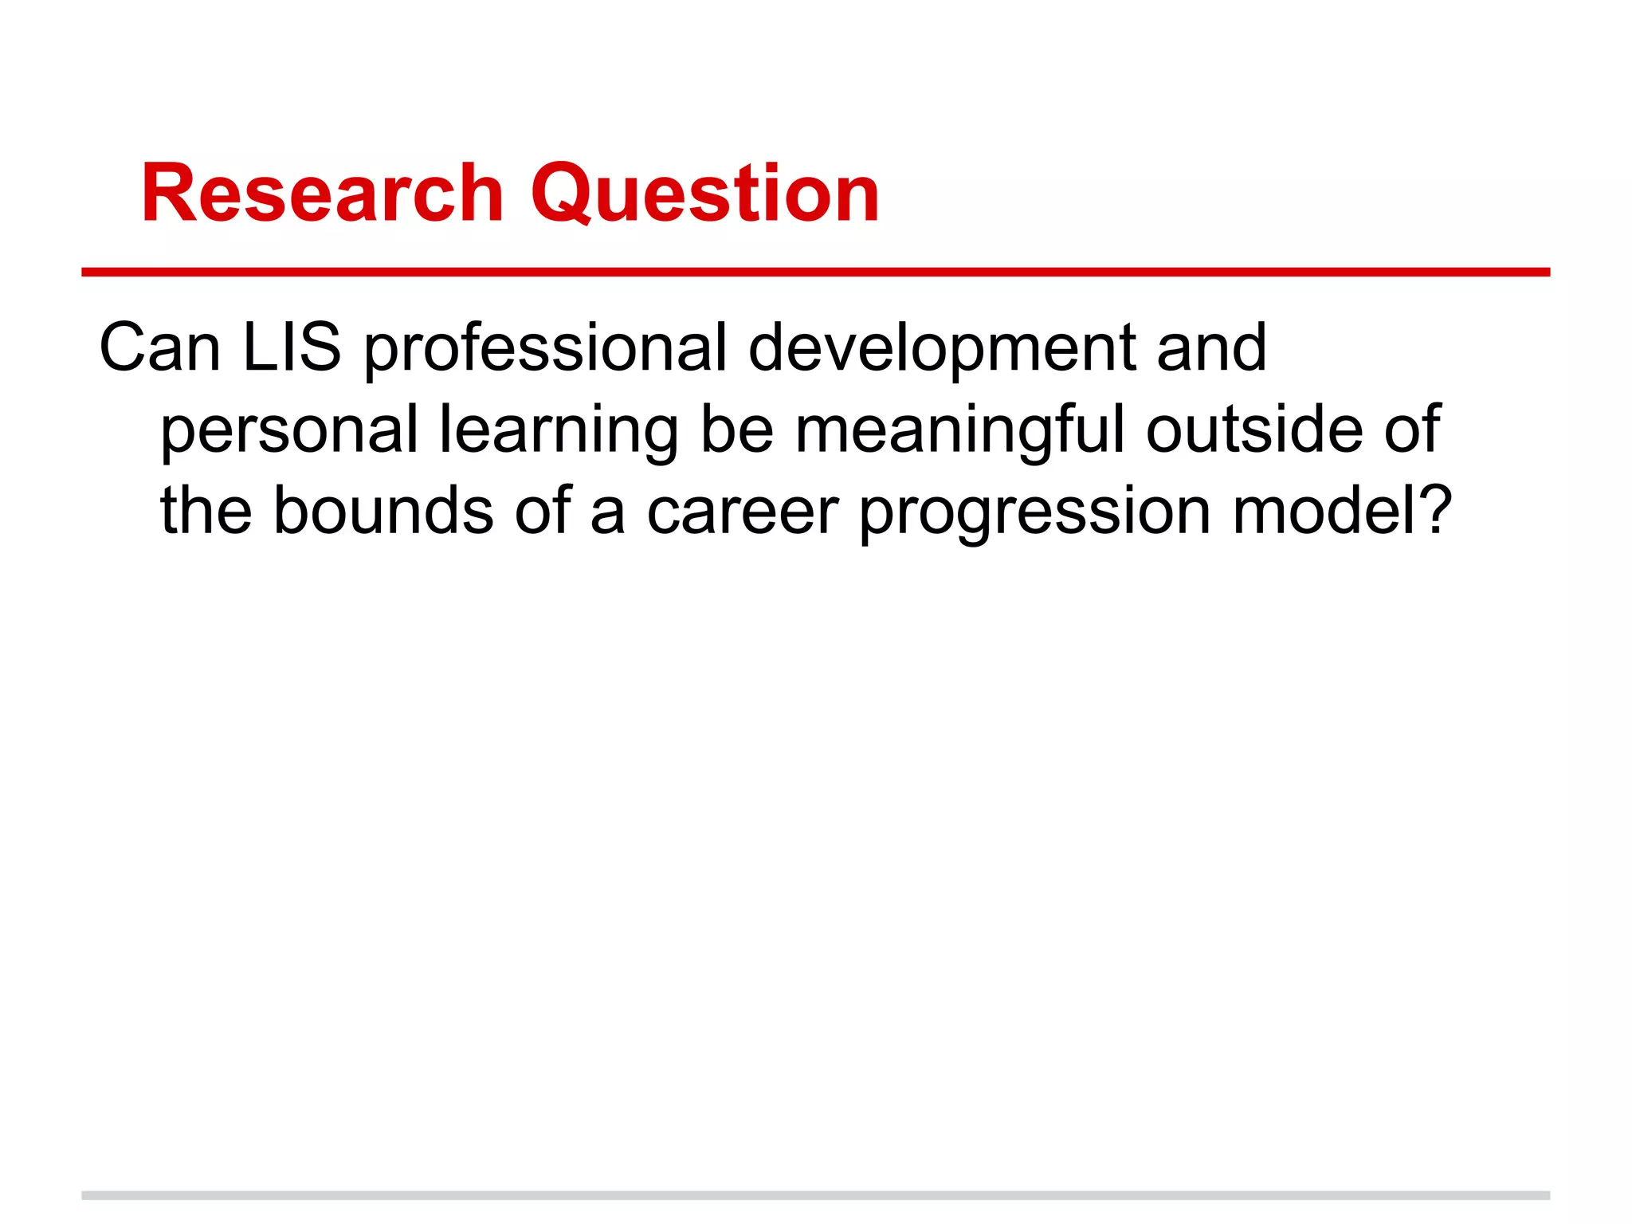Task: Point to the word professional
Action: (x=545, y=349)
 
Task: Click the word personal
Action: (x=289, y=430)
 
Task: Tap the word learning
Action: (x=559, y=430)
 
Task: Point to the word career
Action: (x=742, y=512)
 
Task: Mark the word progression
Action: (x=1035, y=512)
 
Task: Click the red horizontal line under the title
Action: (x=815, y=273)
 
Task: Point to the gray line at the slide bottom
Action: (x=815, y=1195)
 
